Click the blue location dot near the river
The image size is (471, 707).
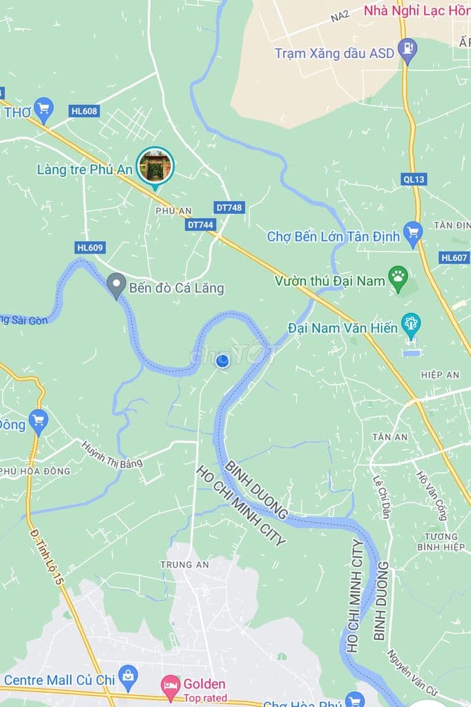(x=222, y=360)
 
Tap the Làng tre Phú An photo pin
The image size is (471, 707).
(x=155, y=166)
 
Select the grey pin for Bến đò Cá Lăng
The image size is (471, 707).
(x=116, y=284)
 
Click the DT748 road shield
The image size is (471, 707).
(x=229, y=207)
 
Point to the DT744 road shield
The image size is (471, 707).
(x=201, y=224)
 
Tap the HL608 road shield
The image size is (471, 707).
(x=84, y=110)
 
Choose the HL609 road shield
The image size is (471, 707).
(x=90, y=247)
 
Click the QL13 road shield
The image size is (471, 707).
(x=414, y=179)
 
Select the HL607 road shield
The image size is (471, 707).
(x=454, y=258)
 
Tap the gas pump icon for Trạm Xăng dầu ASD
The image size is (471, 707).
(x=408, y=50)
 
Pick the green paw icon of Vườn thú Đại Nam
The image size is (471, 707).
(x=398, y=278)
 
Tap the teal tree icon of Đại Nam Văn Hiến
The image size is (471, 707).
(x=411, y=325)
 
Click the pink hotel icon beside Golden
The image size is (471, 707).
(x=170, y=684)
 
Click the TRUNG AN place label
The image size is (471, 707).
(x=175, y=564)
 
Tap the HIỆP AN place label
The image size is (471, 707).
(x=440, y=374)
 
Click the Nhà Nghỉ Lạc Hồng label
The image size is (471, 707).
(x=416, y=11)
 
